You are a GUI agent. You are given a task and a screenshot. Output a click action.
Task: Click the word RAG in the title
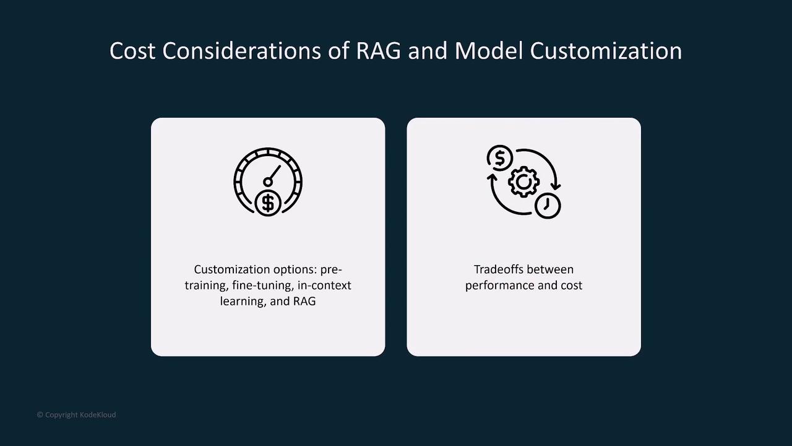[378, 51]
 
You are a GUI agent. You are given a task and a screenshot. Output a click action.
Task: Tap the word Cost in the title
[132, 51]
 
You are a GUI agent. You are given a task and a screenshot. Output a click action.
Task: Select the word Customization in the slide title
[606, 51]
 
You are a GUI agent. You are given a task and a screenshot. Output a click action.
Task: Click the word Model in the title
[489, 51]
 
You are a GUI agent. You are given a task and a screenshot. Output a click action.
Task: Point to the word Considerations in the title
[241, 51]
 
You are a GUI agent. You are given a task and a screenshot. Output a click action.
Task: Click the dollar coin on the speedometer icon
[268, 203]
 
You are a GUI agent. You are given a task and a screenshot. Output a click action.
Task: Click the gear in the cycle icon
[523, 181]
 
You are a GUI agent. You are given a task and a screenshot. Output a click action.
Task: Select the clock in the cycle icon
[548, 206]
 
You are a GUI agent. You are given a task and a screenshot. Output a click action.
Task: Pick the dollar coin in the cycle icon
[499, 158]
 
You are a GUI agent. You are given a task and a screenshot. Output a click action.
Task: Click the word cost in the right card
[570, 286]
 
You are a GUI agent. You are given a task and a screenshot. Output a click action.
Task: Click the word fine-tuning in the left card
[262, 286]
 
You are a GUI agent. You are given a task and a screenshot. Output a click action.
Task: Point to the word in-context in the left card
[324, 286]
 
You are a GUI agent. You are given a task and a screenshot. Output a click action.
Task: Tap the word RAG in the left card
[304, 301]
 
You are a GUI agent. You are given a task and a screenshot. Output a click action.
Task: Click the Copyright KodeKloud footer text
[76, 415]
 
